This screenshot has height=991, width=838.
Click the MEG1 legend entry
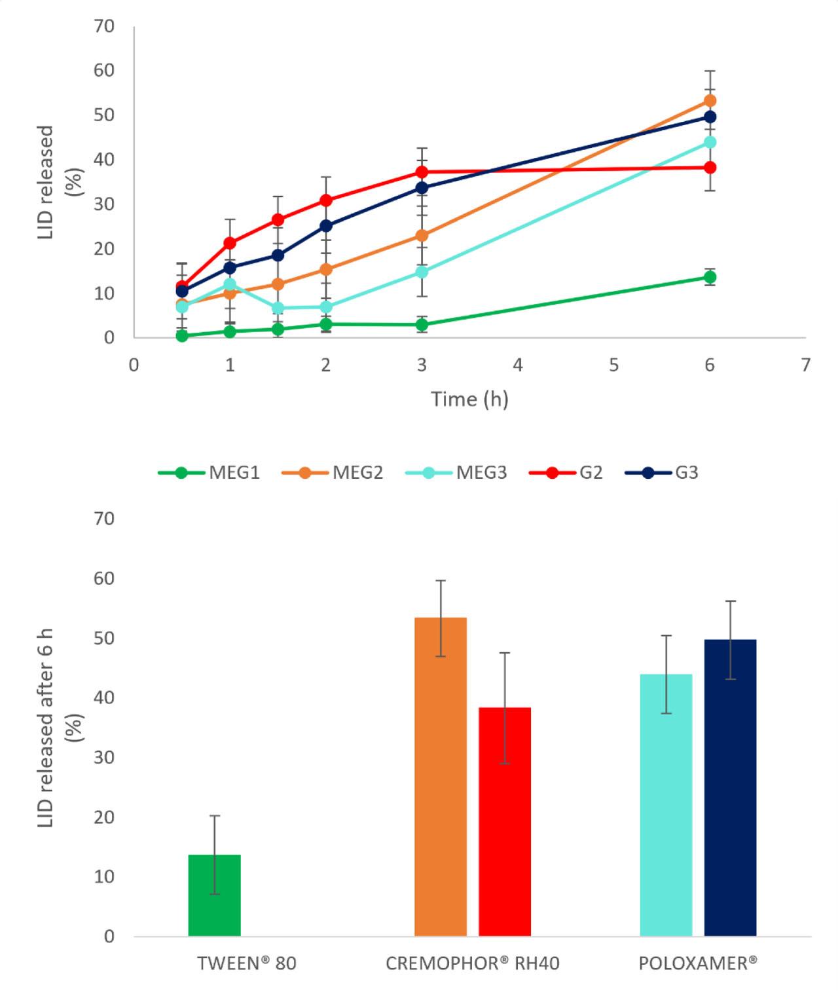pos(209,472)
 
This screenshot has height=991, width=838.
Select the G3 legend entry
pos(662,472)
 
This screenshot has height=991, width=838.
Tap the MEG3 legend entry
pos(456,472)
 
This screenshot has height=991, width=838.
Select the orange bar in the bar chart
pos(441,776)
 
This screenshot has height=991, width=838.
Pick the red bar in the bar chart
pos(505,821)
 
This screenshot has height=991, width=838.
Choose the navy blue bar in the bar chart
pos(730,787)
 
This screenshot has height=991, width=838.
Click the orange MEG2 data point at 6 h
pos(710,101)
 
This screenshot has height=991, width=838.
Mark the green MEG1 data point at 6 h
pos(710,277)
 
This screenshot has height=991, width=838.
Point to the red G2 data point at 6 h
pos(710,168)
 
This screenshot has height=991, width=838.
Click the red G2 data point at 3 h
pos(422,172)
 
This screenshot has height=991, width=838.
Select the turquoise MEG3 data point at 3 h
pos(422,271)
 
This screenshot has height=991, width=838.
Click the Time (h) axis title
pos(469,399)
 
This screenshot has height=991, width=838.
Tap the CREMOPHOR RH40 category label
pos(472,963)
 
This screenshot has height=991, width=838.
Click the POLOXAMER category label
pos(698,963)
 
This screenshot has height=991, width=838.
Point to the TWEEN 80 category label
pos(246,963)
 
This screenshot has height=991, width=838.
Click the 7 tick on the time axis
pos(806,365)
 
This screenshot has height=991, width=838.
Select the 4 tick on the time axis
pos(518,365)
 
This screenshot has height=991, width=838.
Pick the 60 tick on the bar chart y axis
pos(104,578)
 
